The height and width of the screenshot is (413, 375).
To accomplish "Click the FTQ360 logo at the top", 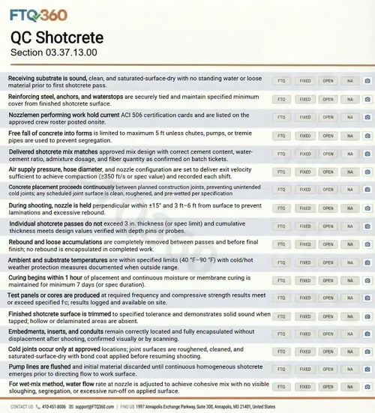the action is click(39, 14).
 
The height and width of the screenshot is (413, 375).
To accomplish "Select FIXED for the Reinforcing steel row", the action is click(305, 99).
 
